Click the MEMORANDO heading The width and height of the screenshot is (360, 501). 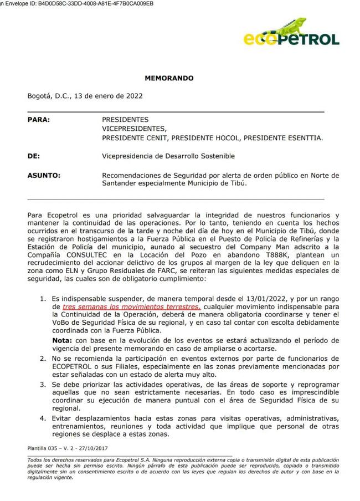[x=169, y=78]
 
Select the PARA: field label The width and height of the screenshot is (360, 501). [x=38, y=119]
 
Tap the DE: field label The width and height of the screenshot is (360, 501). [x=34, y=156]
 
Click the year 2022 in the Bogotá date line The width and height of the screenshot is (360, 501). [x=133, y=95]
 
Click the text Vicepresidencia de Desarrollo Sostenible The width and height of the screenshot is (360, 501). [x=168, y=156]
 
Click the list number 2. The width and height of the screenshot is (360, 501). [x=42, y=359]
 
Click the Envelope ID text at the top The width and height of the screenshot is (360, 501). [x=78, y=3]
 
